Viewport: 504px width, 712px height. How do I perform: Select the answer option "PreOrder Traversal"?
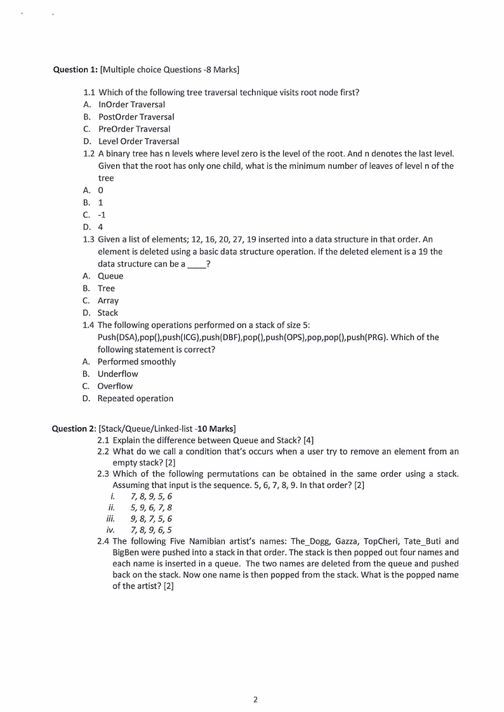134,129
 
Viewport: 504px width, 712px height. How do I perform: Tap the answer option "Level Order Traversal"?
138,141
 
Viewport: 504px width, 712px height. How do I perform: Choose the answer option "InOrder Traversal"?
131,104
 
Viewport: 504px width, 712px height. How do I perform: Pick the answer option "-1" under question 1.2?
102,214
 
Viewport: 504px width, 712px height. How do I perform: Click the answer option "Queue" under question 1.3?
110,276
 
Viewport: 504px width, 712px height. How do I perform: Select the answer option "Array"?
108,301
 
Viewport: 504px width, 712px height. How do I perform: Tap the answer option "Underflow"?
117,374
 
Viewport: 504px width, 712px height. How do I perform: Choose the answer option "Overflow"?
115,386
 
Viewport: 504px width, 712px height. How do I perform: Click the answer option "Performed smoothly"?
136,362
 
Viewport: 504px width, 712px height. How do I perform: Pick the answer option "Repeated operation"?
135,399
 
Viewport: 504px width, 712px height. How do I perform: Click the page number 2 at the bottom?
255,700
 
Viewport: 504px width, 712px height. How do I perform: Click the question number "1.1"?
90,92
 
